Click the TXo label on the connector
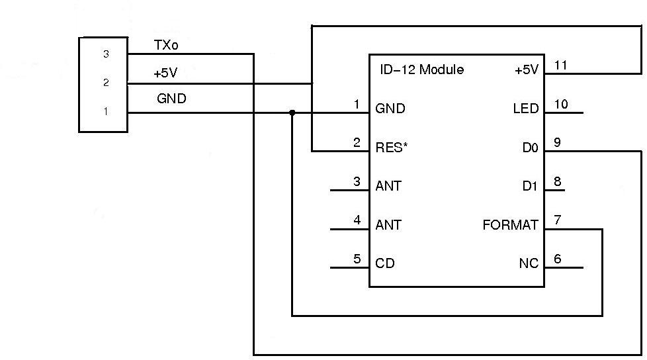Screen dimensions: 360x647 coord(165,45)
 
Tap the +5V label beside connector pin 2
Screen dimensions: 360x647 coord(165,73)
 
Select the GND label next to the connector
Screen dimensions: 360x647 coord(171,99)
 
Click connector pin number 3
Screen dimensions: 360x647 coord(105,54)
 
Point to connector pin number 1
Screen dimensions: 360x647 coord(105,111)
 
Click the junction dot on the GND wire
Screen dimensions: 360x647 coord(292,112)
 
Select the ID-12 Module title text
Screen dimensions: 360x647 coord(421,69)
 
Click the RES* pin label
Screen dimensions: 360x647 coord(392,148)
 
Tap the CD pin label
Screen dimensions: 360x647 coord(385,263)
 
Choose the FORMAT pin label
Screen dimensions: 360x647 coord(510,225)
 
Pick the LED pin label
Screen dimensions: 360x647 coord(526,109)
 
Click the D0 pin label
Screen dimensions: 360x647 coord(530,148)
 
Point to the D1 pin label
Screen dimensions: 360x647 coord(530,187)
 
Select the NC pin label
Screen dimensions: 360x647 coord(529,263)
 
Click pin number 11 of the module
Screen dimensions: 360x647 coord(562,65)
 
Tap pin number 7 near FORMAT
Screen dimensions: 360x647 coord(558,220)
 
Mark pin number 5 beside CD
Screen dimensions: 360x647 coord(357,259)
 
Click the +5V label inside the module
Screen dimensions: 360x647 coord(527,69)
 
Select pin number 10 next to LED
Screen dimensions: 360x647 coord(561,104)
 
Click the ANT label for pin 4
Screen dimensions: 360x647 coord(388,225)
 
